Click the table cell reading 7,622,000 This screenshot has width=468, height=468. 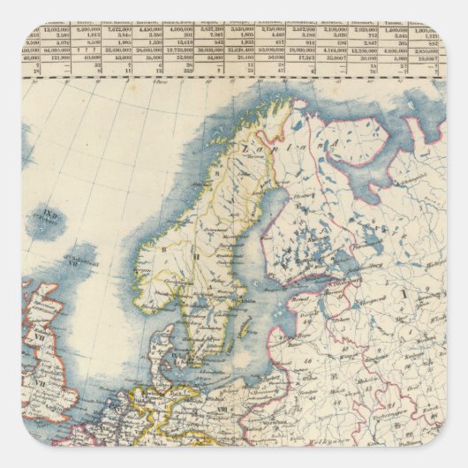tap(114, 28)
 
